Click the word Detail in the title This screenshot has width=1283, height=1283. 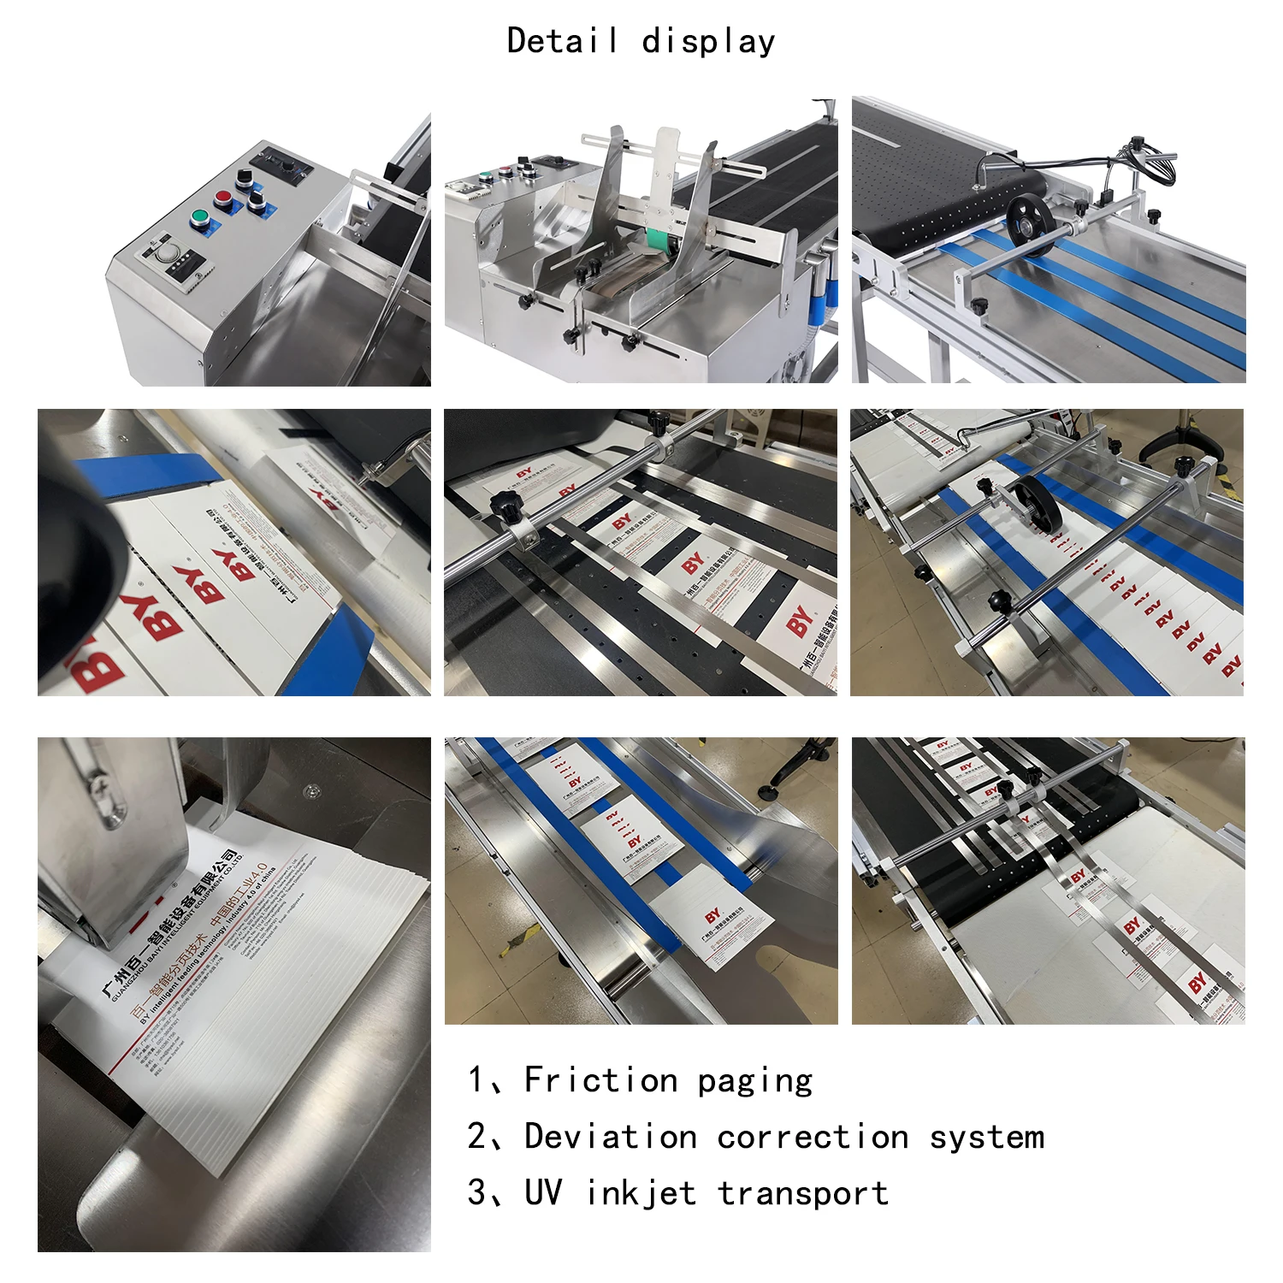pos(562,40)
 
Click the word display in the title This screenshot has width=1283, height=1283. pos(708,41)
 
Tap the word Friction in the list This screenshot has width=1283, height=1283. pos(600,1079)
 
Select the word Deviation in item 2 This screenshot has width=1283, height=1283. pos(610,1137)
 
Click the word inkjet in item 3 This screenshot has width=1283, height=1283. pos(641,1193)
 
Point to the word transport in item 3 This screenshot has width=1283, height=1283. pos(803,1193)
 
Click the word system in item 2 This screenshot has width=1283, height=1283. pos(987,1137)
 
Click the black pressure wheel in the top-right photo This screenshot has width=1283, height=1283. pos(1029,224)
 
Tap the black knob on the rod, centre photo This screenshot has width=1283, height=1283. pos(511,511)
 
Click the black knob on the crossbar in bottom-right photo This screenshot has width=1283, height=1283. pos(1006,788)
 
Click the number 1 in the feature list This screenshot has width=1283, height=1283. pos(476,1079)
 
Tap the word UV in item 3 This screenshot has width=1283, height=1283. pos(543,1193)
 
